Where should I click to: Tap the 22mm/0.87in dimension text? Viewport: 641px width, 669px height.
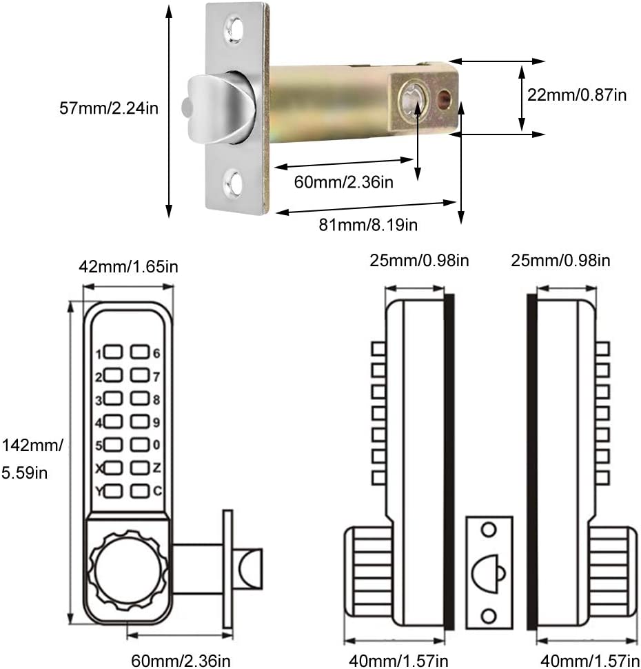pyautogui.click(x=576, y=95)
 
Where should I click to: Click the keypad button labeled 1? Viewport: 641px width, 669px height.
pyautogui.click(x=114, y=354)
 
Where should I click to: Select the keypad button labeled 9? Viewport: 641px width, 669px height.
pyautogui.click(x=140, y=422)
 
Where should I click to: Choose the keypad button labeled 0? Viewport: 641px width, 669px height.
pyautogui.click(x=140, y=445)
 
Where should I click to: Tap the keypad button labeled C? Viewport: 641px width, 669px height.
pyautogui.click(x=140, y=491)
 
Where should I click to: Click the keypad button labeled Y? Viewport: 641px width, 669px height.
pyautogui.click(x=114, y=491)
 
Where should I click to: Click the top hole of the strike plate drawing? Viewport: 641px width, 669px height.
pyautogui.click(x=489, y=530)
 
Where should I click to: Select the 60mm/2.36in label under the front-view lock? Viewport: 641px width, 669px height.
pyautogui.click(x=181, y=661)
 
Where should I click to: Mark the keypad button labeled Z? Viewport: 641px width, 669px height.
pyautogui.click(x=140, y=468)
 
